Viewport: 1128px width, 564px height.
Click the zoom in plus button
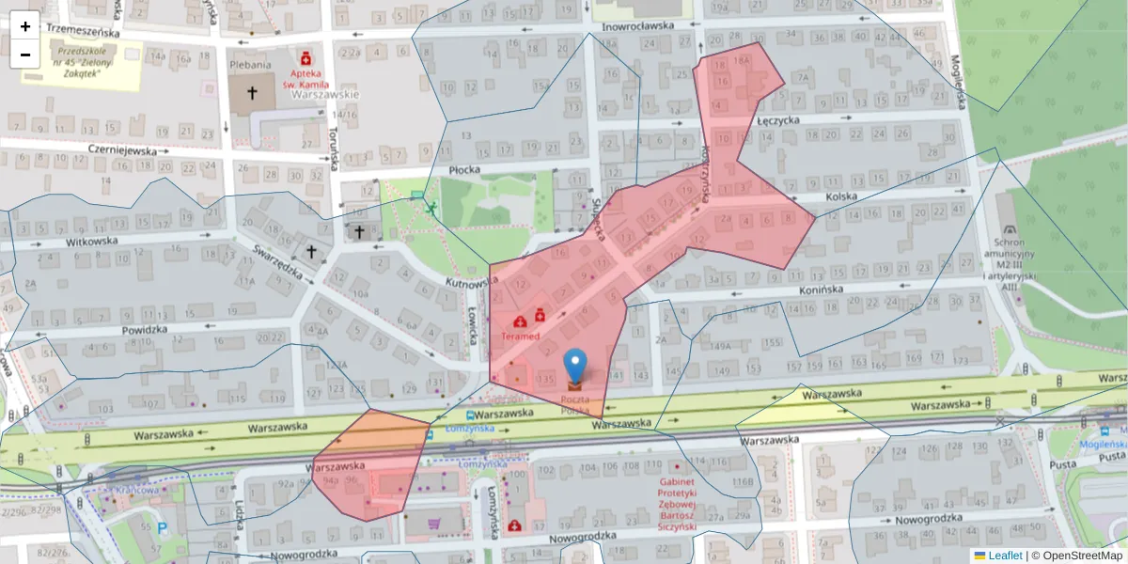point(25,26)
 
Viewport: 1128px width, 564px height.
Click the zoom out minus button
point(25,55)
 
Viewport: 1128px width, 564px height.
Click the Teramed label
point(520,336)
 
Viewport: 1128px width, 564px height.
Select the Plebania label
point(250,65)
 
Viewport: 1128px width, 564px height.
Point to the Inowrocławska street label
point(638,26)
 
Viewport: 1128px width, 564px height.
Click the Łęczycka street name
point(777,120)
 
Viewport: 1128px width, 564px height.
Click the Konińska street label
point(822,290)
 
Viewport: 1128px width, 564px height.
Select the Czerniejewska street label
point(122,149)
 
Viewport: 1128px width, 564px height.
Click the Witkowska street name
point(91,241)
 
